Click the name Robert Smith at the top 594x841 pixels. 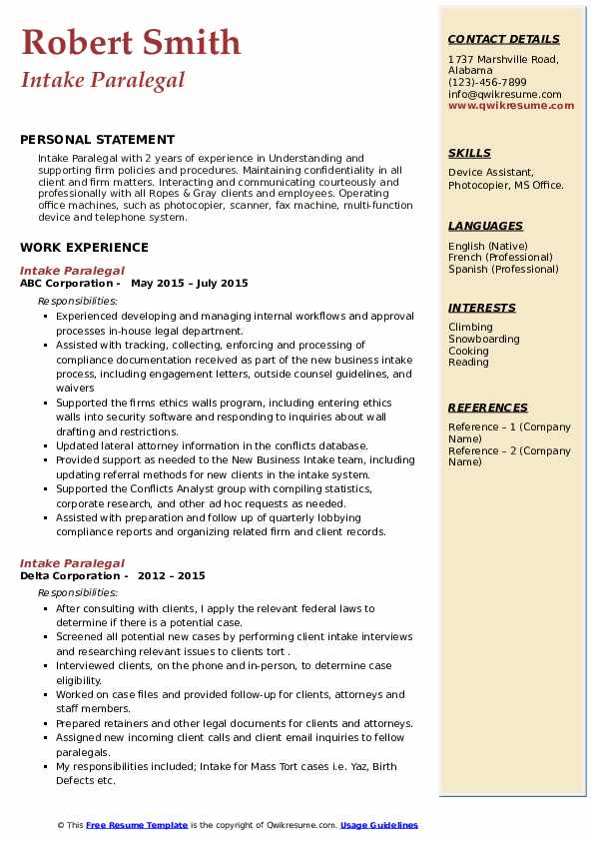[131, 42]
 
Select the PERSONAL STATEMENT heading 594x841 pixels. [97, 140]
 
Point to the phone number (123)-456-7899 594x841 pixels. [487, 83]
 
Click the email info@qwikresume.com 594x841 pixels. [504, 94]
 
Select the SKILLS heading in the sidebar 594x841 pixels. [469, 153]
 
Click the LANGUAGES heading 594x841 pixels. [485, 226]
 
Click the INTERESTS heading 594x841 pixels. [482, 308]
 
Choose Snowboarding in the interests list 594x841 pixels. [484, 340]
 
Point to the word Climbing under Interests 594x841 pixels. [470, 328]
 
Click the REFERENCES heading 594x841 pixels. [488, 408]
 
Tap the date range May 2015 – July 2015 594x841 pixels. [190, 283]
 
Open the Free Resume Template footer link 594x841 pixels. [137, 825]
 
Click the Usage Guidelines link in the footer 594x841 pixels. [379, 825]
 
